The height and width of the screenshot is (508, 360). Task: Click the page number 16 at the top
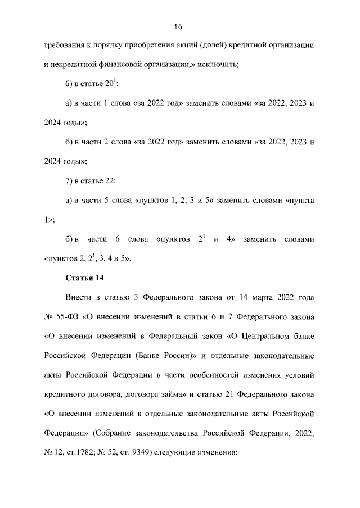[179, 26]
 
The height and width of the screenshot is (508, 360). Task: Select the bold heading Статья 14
[84, 278]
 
